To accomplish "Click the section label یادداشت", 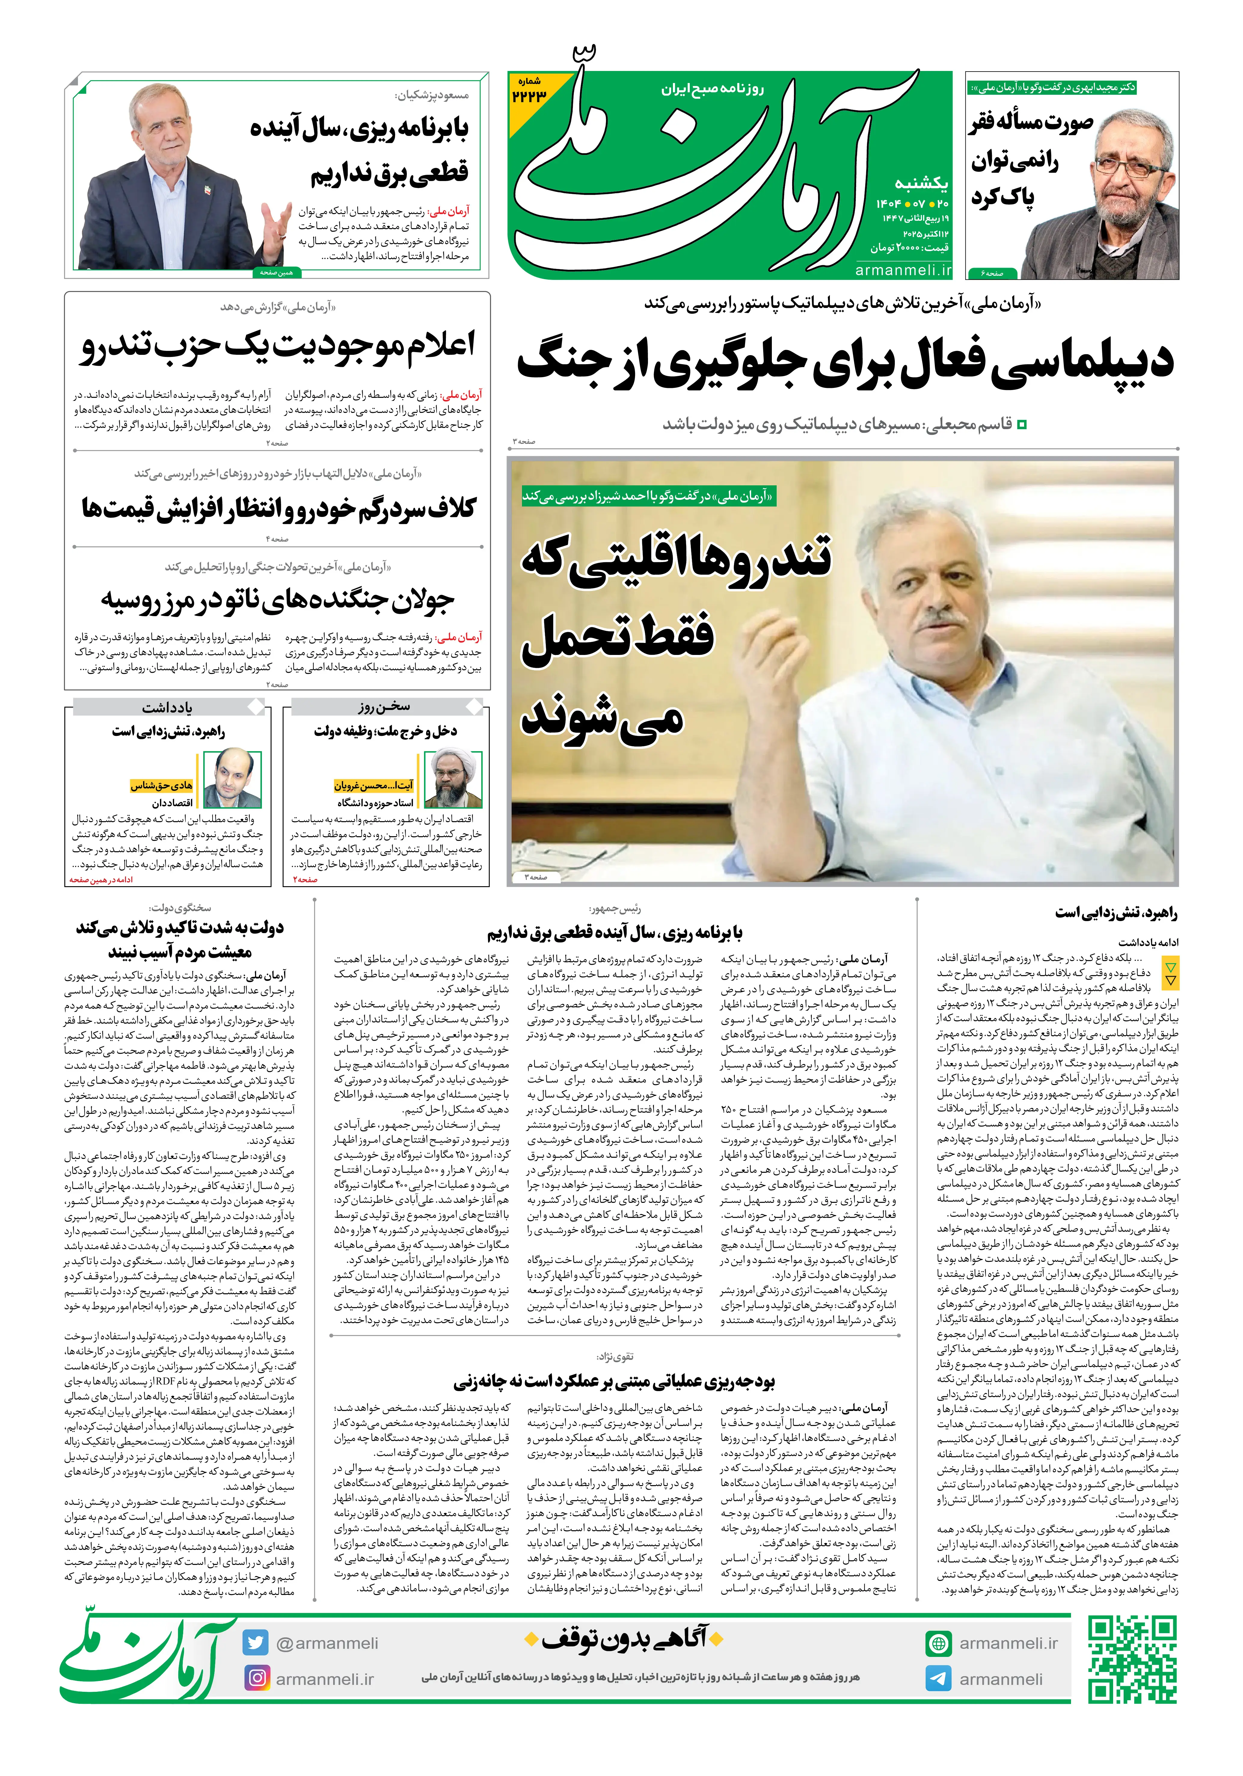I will [167, 707].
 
